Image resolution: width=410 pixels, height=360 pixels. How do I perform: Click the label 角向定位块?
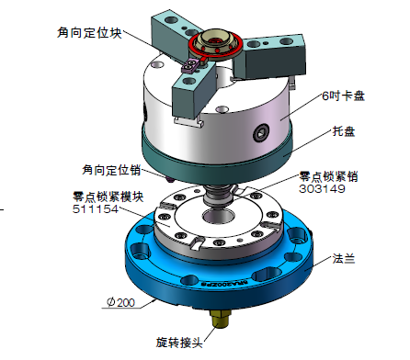(89, 33)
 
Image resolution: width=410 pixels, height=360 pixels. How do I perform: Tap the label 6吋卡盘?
(343, 96)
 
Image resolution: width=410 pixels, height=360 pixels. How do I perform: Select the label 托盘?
(344, 131)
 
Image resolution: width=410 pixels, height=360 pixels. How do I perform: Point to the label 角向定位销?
(111, 170)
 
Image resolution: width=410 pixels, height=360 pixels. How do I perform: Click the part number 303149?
(322, 188)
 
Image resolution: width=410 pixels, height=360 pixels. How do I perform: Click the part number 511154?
(96, 209)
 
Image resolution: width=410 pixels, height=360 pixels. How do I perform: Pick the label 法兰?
(344, 259)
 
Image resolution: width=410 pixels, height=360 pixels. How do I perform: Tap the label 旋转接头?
(179, 343)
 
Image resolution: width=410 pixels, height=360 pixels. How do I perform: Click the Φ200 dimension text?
(120, 302)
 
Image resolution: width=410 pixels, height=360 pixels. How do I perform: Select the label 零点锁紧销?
(328, 176)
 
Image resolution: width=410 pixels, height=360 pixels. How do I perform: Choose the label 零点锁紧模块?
(108, 197)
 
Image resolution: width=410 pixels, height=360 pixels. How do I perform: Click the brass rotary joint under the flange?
(220, 319)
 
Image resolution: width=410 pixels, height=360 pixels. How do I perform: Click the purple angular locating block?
(190, 66)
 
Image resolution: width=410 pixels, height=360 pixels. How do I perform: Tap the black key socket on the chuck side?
(261, 133)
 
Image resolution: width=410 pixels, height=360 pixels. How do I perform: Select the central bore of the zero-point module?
(218, 217)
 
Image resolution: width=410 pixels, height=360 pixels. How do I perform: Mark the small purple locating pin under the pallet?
(170, 180)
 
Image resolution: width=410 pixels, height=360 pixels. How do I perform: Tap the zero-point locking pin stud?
(218, 197)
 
